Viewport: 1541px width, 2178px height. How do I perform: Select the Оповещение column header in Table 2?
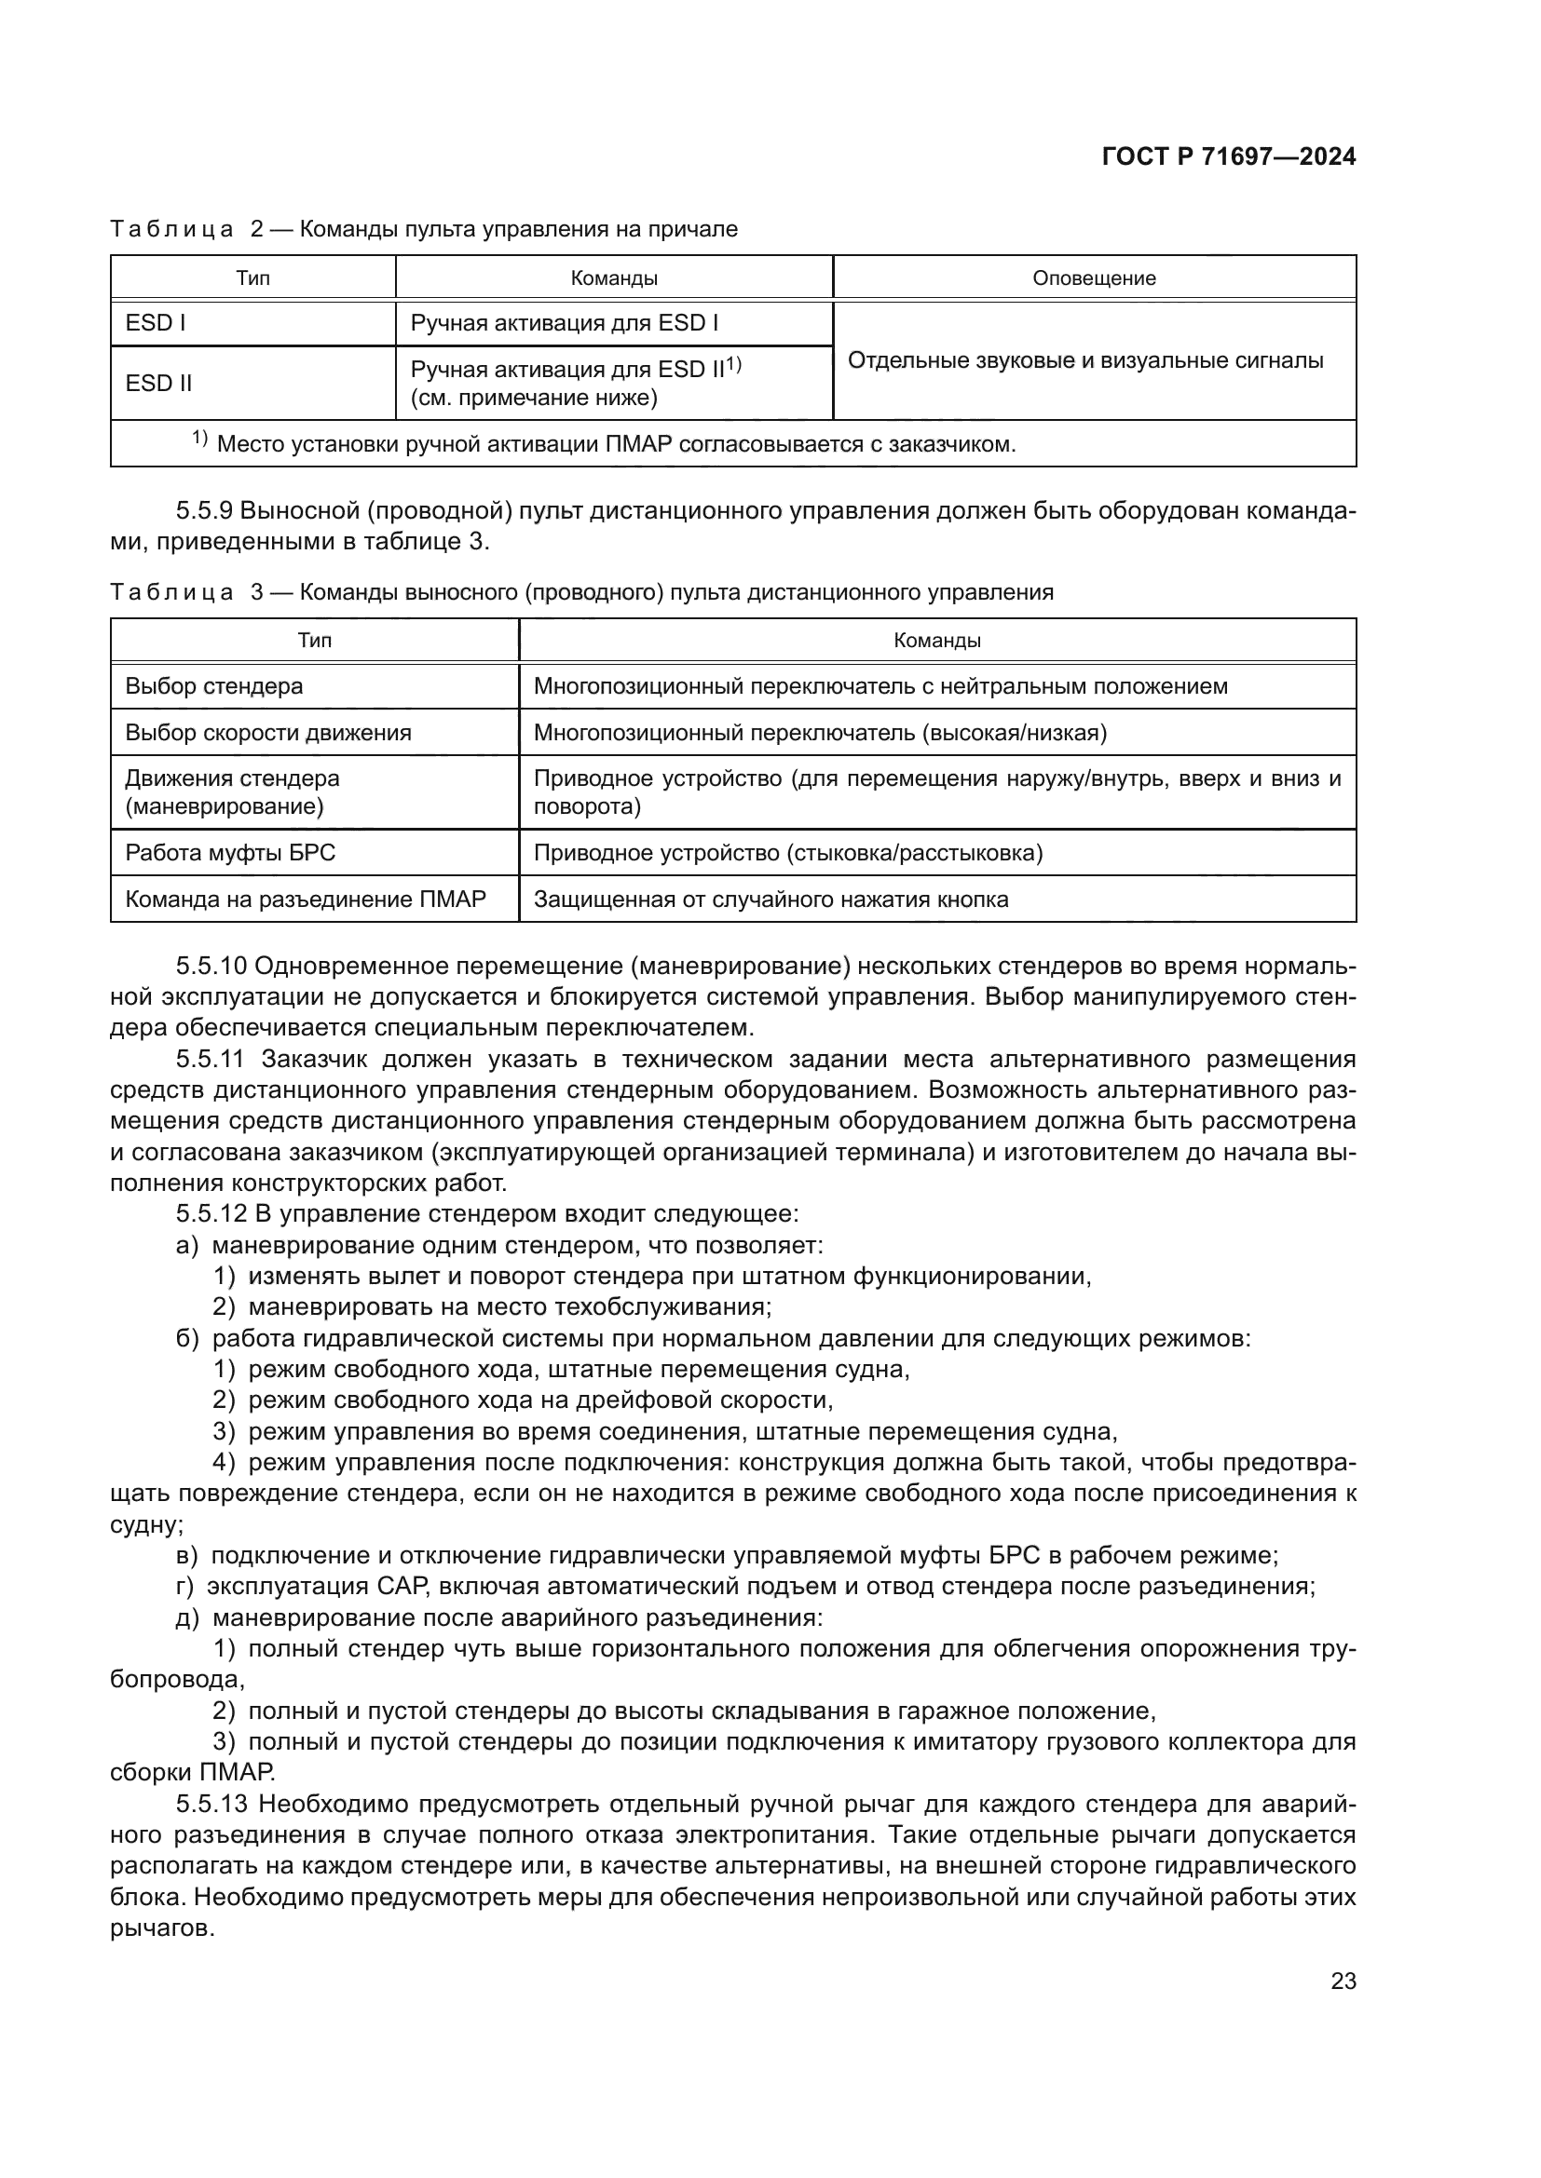[x=1093, y=277]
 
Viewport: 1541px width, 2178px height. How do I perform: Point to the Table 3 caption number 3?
[x=257, y=593]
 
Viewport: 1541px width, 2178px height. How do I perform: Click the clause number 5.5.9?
[x=204, y=511]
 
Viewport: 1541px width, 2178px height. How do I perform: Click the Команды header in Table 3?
[x=936, y=641]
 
